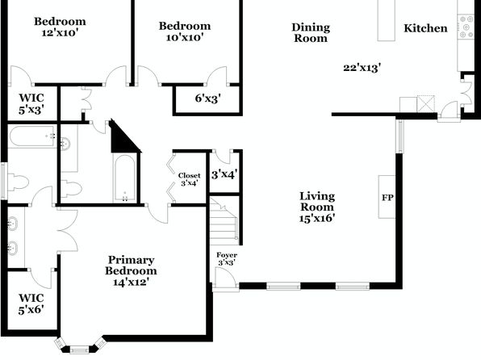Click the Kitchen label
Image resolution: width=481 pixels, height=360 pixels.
(425, 28)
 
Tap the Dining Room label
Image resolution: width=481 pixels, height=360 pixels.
(311, 32)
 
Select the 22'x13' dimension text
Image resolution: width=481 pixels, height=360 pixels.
(362, 68)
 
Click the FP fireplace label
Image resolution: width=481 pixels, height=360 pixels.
(387, 197)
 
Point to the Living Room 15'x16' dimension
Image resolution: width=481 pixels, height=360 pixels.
(317, 218)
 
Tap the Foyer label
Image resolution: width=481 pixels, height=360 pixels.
(227, 255)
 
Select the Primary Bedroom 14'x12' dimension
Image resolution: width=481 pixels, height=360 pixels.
(131, 282)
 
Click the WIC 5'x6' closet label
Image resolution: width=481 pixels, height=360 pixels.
(31, 303)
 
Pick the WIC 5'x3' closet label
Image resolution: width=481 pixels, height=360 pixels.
(31, 104)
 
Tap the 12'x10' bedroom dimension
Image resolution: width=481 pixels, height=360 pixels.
(58, 32)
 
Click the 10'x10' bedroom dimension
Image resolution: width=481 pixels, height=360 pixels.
(185, 37)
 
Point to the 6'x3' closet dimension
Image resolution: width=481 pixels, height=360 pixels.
(208, 98)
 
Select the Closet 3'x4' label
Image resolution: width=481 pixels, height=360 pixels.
(190, 179)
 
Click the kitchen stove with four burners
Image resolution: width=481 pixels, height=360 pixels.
(466, 27)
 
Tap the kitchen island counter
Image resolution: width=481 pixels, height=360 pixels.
(387, 20)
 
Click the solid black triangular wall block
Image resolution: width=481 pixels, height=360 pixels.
(123, 137)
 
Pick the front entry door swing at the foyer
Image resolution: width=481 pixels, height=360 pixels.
(226, 278)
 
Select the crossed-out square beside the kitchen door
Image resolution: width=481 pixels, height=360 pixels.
(426, 104)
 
